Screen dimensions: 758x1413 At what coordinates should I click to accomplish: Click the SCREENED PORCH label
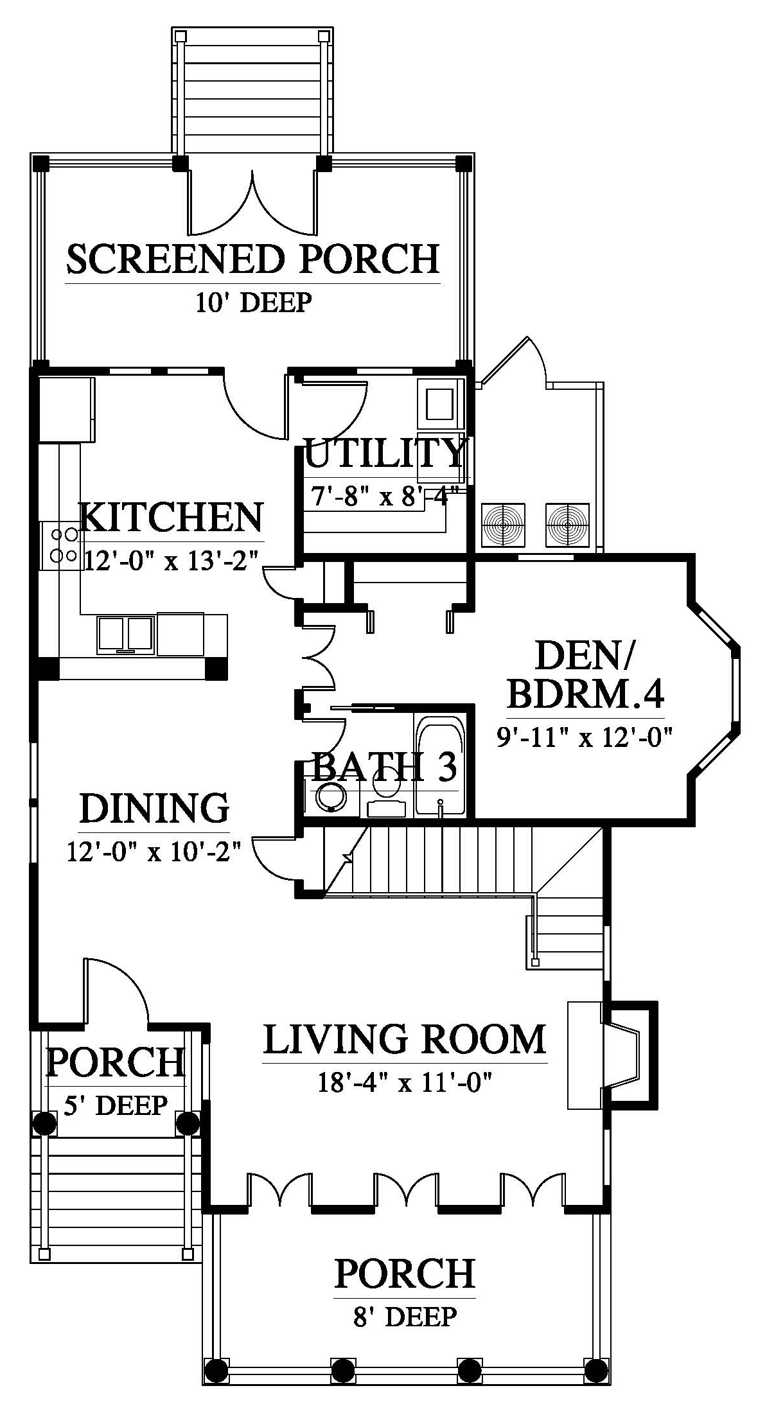(252, 258)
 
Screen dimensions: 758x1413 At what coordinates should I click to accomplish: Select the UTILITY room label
(385, 453)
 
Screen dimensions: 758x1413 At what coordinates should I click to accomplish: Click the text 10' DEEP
(253, 302)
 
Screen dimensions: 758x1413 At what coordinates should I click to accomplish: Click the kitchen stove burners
(62, 545)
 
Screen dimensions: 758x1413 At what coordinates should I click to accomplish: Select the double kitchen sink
(126, 635)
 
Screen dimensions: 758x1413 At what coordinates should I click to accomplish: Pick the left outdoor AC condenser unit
(504, 525)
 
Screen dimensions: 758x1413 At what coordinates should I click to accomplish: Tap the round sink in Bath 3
(331, 798)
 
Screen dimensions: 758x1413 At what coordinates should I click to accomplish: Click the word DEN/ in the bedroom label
(583, 656)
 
